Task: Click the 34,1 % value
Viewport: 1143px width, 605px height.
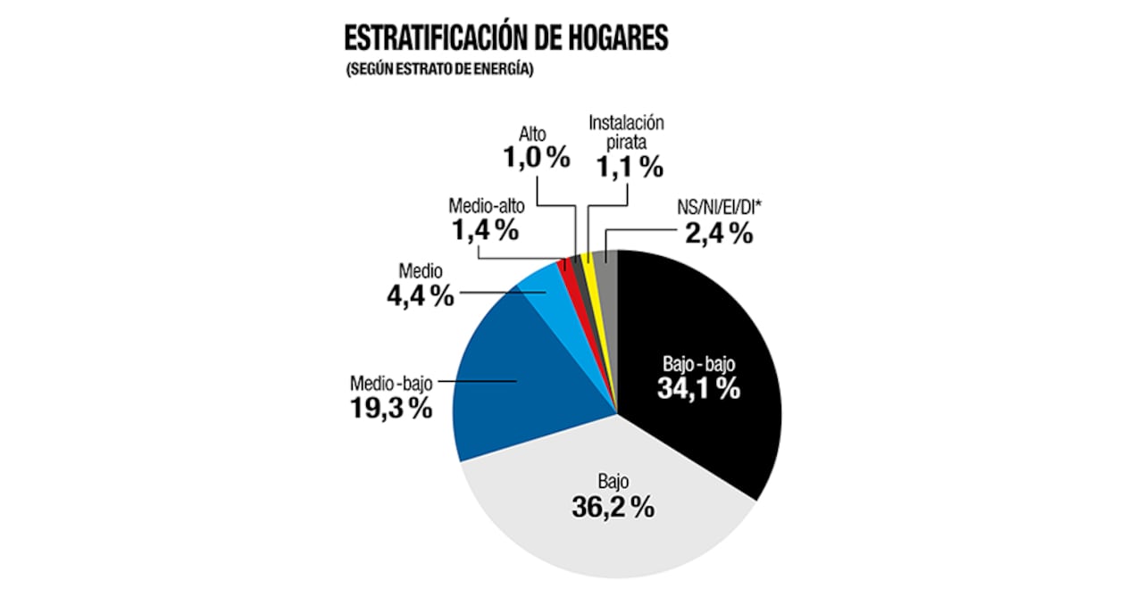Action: (699, 388)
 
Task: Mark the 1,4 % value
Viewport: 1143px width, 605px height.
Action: (483, 229)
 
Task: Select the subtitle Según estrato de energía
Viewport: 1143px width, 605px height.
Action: (438, 71)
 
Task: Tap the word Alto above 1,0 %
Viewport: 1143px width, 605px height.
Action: (533, 134)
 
